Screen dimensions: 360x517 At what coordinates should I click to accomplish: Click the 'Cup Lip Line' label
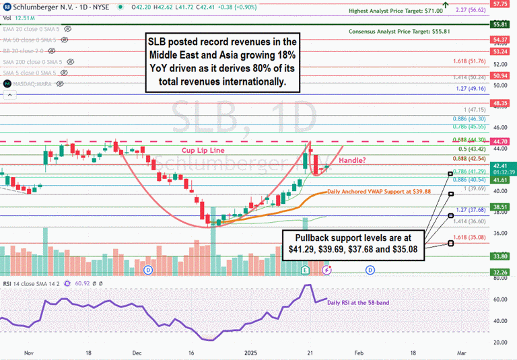[203, 150]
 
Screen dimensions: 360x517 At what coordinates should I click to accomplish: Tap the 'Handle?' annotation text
[352, 160]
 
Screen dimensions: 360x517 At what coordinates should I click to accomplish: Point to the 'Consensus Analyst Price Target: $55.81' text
[395, 32]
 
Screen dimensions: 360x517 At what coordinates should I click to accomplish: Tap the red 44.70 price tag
[499, 142]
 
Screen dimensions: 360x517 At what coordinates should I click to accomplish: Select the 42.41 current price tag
[499, 165]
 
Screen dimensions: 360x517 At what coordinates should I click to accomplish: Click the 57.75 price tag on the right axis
[499, 4]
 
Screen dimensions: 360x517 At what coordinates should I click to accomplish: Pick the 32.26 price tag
[499, 272]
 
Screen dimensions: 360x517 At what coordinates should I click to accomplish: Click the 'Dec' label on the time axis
[137, 352]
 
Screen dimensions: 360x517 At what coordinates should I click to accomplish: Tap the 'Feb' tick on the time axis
[359, 352]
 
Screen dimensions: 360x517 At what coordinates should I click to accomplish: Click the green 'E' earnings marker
[304, 270]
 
